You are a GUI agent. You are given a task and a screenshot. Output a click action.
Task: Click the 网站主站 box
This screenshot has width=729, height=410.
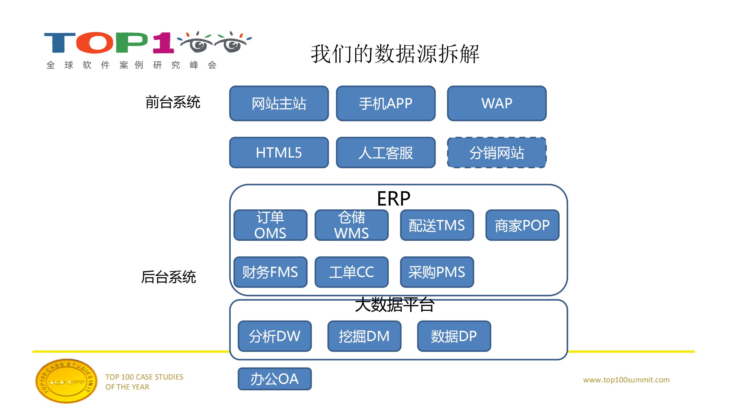click(279, 103)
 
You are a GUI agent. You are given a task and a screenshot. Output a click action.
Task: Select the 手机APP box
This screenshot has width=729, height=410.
click(385, 103)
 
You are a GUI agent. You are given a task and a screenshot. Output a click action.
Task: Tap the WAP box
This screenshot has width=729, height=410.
click(497, 103)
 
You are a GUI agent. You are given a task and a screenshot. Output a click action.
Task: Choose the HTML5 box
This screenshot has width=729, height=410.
click(279, 153)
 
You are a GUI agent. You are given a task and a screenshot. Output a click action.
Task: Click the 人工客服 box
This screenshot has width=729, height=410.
click(385, 153)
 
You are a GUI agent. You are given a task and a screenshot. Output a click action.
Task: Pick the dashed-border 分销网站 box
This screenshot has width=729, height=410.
click(497, 153)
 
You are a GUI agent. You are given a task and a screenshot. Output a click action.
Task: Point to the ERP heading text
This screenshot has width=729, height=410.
click(393, 199)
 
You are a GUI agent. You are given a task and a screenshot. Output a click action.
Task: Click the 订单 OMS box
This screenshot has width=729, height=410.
click(270, 225)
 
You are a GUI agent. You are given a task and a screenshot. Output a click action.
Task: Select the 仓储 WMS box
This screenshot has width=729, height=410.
click(351, 225)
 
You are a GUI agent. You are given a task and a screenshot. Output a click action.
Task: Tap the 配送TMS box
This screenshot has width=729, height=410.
click(437, 225)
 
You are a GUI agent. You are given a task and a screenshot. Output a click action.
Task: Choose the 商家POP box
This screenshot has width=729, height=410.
click(522, 225)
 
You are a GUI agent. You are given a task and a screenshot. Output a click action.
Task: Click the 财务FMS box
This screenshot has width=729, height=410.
click(270, 272)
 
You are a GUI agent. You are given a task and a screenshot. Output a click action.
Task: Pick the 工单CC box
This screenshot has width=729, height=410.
click(351, 272)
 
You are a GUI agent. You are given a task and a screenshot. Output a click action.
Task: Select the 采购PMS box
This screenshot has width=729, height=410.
click(437, 272)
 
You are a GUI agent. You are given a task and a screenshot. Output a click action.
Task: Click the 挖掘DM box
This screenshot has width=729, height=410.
click(364, 336)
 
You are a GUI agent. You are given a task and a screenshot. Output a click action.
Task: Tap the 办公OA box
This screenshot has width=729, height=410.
click(274, 379)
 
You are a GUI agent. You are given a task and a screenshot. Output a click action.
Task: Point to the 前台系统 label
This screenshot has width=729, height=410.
click(173, 102)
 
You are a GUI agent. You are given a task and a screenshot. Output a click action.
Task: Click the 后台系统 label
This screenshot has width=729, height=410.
click(168, 277)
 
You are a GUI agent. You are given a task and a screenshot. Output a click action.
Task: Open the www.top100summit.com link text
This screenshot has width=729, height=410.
click(626, 380)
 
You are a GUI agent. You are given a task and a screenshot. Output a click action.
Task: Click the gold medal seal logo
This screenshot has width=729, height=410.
click(66, 381)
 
